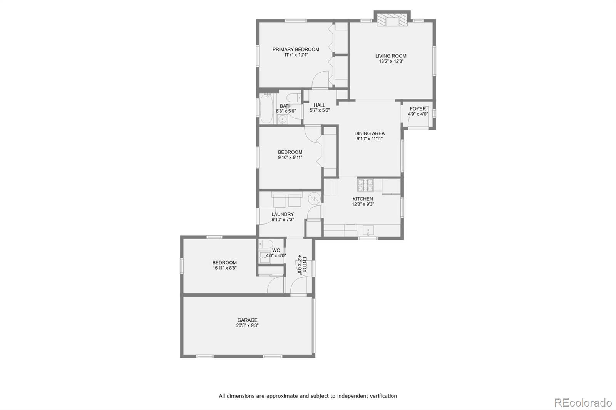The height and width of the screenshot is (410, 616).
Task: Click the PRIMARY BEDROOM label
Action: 296,50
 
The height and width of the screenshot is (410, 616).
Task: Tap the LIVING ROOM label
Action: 391,56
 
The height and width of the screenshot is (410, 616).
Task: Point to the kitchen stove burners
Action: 365,185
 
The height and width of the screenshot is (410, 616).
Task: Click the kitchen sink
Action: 368,230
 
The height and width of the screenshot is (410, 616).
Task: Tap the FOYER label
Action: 418,109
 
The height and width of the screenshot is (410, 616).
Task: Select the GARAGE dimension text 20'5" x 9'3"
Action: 247,325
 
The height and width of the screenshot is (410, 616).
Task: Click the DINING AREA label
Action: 369,133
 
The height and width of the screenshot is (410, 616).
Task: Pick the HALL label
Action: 319,105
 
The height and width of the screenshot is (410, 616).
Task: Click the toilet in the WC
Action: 266,244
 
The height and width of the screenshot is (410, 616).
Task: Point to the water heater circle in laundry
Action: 314,198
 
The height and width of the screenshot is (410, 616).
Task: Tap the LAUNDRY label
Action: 283,214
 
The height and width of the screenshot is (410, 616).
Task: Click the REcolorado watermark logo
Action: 583,403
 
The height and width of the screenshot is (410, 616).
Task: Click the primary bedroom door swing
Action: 320,80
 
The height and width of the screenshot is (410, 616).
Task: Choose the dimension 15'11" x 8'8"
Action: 225,268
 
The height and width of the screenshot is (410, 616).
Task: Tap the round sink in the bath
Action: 282,120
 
